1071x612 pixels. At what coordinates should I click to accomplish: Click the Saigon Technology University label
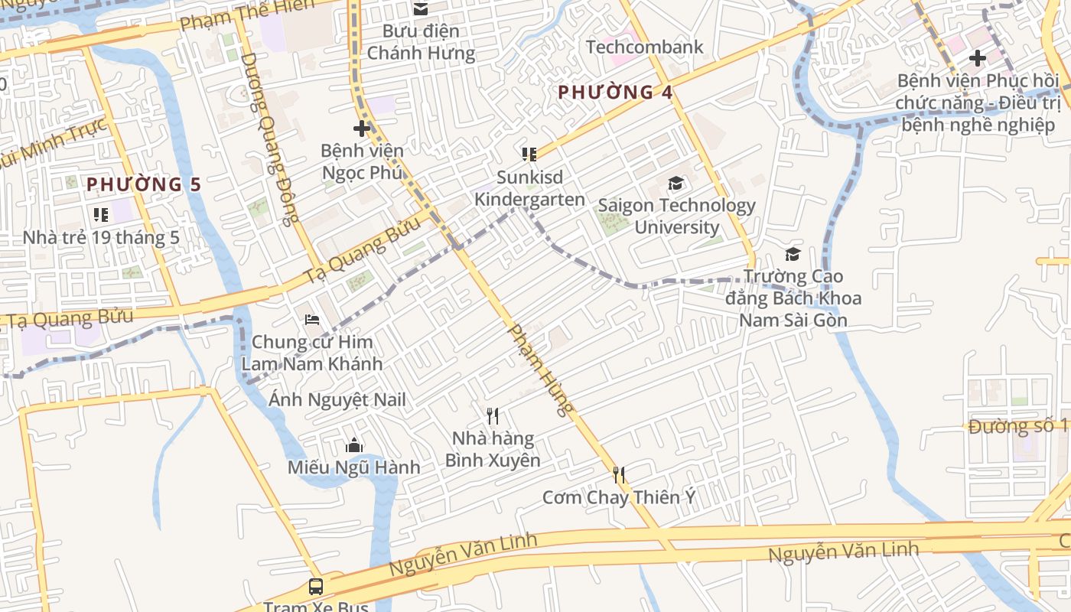point(676,216)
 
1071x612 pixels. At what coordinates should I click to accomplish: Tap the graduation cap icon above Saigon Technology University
point(675,184)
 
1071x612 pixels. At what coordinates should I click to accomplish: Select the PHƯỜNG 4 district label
point(615,93)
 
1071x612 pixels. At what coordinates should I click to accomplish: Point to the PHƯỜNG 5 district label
point(144,184)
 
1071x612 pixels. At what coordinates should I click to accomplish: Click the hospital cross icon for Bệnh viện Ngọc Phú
point(362,129)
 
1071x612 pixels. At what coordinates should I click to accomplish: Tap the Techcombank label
point(644,47)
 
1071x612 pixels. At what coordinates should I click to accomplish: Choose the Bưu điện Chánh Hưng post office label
point(421,42)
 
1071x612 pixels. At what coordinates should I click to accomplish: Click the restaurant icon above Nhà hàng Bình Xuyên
point(493,416)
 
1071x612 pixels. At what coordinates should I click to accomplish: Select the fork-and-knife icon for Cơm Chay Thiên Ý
point(619,475)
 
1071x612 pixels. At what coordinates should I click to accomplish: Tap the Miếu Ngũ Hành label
point(353,467)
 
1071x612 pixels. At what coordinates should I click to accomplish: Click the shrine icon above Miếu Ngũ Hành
point(353,445)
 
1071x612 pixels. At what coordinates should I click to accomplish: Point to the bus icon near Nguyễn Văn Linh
point(316,587)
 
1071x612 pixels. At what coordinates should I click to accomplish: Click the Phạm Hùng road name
point(541,369)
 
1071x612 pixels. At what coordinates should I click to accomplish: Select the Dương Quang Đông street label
point(269,139)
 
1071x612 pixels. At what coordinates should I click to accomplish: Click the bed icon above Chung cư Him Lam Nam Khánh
point(312,320)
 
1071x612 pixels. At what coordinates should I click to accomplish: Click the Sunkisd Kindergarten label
point(529,188)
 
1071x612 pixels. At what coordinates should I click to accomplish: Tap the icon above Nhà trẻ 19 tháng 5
point(100,215)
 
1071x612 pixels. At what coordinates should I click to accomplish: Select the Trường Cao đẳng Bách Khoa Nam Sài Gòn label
point(793,298)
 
